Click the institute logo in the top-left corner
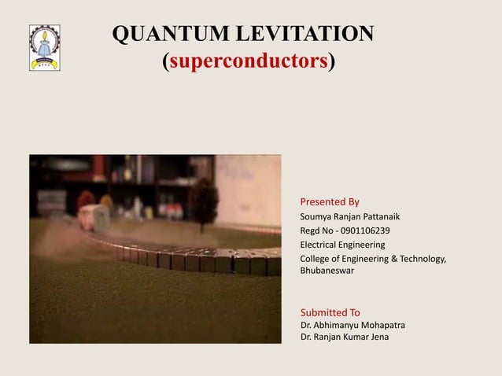[44, 47]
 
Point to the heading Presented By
[330, 201]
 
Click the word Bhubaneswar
[327, 270]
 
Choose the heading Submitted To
[330, 312]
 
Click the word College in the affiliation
[317, 259]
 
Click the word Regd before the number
[312, 230]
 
